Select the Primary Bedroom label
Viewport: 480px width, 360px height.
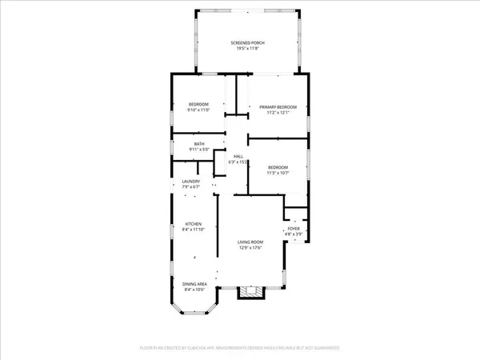pyautogui.click(x=278, y=106)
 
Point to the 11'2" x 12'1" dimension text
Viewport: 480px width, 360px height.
pyautogui.click(x=278, y=113)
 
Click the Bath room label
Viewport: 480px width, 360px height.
pyautogui.click(x=199, y=144)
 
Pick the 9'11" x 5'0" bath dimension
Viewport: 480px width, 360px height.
pyautogui.click(x=199, y=150)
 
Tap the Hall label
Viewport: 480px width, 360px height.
pyautogui.click(x=238, y=156)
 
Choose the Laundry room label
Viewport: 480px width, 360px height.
pyautogui.click(x=191, y=182)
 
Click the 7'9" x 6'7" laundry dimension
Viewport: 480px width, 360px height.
pyautogui.click(x=191, y=187)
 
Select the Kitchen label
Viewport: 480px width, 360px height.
pyautogui.click(x=194, y=223)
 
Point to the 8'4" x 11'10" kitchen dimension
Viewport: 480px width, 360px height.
pyautogui.click(x=194, y=230)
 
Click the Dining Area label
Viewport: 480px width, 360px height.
pyautogui.click(x=194, y=284)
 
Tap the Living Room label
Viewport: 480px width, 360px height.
pyautogui.click(x=250, y=242)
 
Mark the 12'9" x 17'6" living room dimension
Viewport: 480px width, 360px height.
pyautogui.click(x=250, y=248)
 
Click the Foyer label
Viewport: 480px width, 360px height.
pyautogui.click(x=294, y=228)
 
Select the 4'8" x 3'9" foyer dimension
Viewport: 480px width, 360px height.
pyautogui.click(x=294, y=234)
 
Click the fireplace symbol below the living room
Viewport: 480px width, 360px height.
pyautogui.click(x=250, y=294)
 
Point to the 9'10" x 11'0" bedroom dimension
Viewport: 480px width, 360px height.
pyautogui.click(x=198, y=110)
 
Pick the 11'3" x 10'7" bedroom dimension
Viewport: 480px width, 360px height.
pyautogui.click(x=278, y=173)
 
